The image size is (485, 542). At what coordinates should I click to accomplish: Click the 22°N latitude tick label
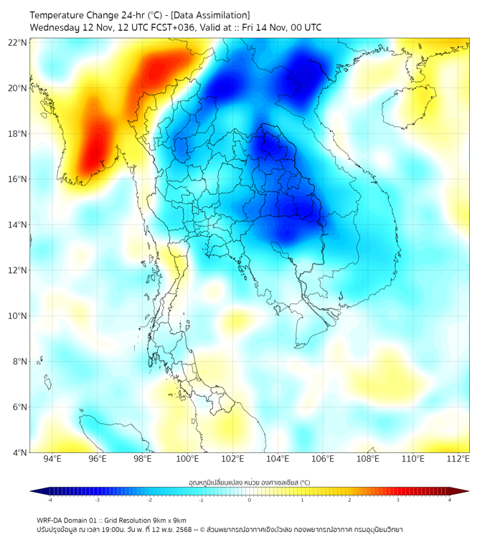(x=18, y=42)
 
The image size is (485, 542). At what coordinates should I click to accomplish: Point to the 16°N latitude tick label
(x=18, y=179)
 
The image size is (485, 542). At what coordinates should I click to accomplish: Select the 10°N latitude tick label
(x=18, y=316)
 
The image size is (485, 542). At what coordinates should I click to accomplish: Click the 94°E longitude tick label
(x=52, y=459)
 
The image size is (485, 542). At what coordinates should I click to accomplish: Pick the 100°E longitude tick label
(x=187, y=459)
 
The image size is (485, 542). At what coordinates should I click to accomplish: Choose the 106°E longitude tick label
(x=323, y=459)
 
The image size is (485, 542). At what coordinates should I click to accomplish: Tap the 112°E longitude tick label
(x=458, y=459)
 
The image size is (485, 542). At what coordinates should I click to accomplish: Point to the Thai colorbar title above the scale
(x=250, y=482)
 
